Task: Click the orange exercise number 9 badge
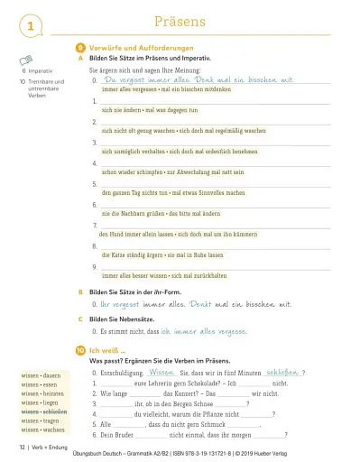tap(80, 45)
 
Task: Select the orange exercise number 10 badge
tap(80, 349)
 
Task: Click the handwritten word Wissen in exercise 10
tap(160, 371)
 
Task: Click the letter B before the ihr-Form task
tap(81, 291)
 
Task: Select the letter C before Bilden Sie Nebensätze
tap(81, 319)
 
